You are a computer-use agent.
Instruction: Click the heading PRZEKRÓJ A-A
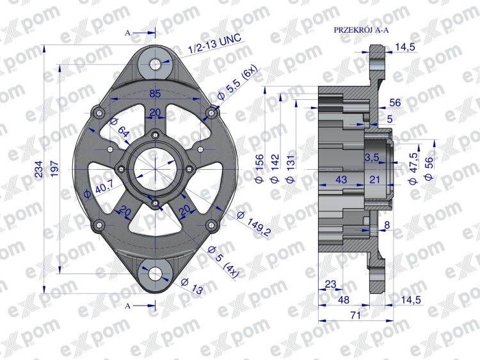click(361, 30)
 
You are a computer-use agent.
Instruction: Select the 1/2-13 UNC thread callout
click(215, 45)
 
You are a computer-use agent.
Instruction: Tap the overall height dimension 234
click(39, 169)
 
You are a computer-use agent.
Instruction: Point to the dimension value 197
click(54, 169)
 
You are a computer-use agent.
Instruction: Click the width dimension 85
click(156, 94)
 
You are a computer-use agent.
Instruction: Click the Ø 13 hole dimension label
click(191, 286)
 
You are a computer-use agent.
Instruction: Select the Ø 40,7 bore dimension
click(99, 189)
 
